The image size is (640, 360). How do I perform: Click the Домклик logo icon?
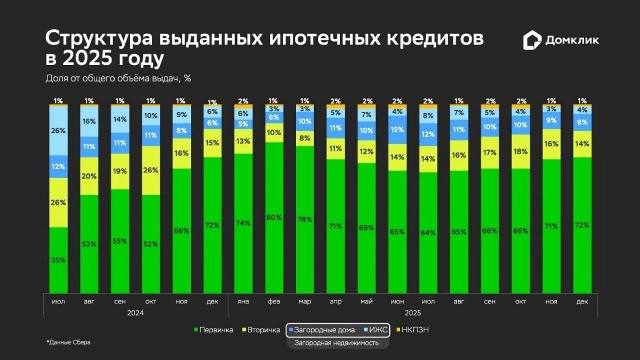tap(532, 41)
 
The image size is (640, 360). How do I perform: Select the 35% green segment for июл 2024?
tap(59, 260)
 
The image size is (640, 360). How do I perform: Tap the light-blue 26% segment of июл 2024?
tap(59, 130)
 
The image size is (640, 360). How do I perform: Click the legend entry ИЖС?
tap(378, 330)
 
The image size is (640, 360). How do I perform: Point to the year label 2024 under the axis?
tap(135, 313)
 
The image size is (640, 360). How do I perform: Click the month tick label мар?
tap(305, 302)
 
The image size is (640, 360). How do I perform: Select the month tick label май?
tap(366, 302)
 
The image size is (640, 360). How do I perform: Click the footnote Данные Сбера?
tap(69, 342)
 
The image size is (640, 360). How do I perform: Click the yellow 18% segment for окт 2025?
tap(521, 151)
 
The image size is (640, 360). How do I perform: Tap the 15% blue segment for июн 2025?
tap(397, 130)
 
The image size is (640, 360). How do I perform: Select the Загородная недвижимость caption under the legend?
tap(337, 343)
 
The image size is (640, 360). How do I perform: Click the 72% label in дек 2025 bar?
tap(582, 225)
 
